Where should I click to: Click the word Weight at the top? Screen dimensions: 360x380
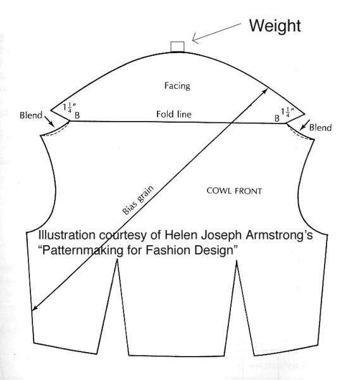tap(275, 26)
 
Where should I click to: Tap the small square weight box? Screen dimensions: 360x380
tap(177, 47)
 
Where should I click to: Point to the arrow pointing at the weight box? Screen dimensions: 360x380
tap(216, 34)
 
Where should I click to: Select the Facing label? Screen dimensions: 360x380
tap(177, 85)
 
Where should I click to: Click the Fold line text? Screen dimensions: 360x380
tap(174, 114)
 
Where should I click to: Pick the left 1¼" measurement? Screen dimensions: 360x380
tap(70, 108)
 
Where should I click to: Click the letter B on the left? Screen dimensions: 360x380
tap(77, 115)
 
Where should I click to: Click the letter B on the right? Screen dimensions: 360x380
tap(277, 118)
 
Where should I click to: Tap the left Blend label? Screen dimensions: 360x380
tap(31, 115)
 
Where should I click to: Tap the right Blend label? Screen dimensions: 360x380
tap(320, 127)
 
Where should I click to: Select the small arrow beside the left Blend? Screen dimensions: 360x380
tap(49, 121)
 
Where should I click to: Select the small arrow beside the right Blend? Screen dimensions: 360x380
tap(304, 125)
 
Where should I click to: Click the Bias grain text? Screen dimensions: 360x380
tap(138, 200)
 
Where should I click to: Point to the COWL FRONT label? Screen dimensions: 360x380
tap(234, 191)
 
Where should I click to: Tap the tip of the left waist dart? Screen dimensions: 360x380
tap(118, 259)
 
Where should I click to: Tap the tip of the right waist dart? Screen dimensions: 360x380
tap(237, 261)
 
